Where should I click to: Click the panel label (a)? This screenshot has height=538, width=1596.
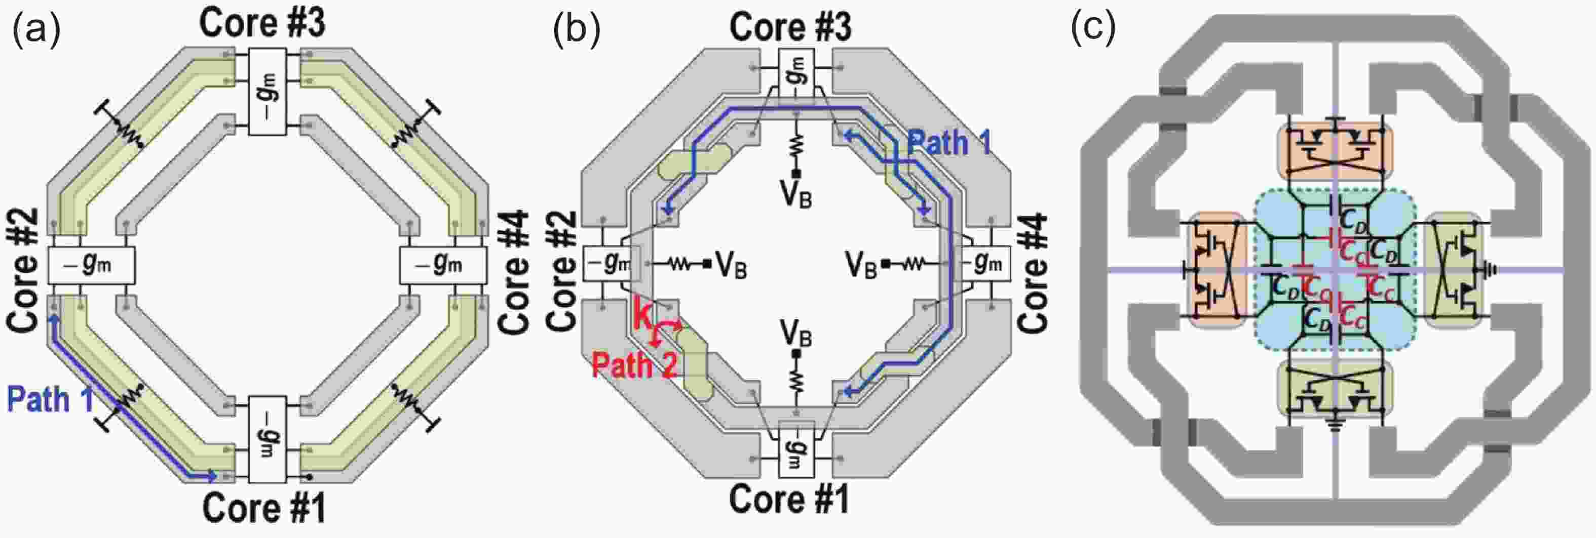point(36,30)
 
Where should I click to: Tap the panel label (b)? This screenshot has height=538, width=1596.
point(577,30)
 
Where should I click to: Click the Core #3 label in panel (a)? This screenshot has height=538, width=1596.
point(262,23)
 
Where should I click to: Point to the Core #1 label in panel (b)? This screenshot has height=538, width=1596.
point(789,499)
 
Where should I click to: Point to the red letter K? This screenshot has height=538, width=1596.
point(642,317)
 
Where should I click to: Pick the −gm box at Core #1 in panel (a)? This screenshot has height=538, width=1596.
point(268,439)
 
